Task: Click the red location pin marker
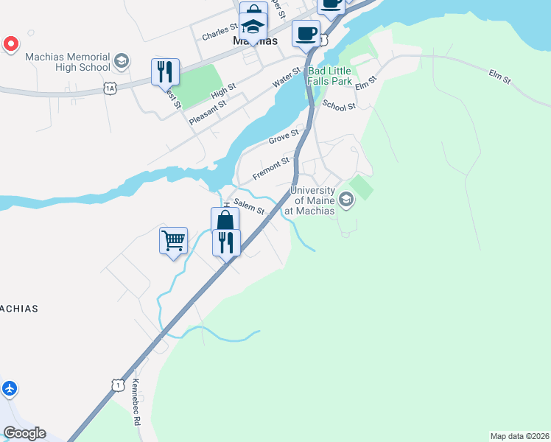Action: (x=11, y=44)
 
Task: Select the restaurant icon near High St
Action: (x=165, y=71)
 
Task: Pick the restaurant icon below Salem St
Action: (x=226, y=242)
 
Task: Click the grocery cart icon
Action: (x=173, y=240)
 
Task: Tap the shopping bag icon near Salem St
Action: (x=225, y=220)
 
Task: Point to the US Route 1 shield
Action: (x=117, y=385)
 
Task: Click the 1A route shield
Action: (x=110, y=88)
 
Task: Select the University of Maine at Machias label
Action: (x=314, y=200)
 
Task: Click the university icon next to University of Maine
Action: (x=345, y=199)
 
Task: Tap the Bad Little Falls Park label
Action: (x=330, y=76)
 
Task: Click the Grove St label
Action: (x=284, y=138)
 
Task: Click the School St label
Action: (x=339, y=106)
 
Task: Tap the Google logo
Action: (x=24, y=433)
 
